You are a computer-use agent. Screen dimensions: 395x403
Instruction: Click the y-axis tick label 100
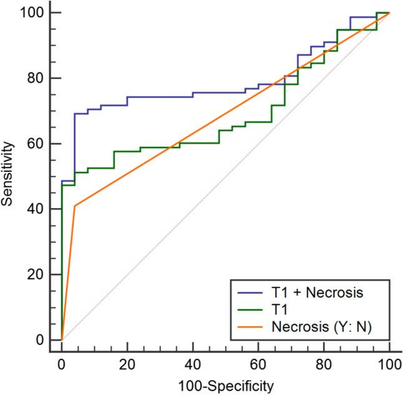[x=33, y=12]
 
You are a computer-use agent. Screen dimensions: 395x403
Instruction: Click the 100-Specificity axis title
[x=226, y=386]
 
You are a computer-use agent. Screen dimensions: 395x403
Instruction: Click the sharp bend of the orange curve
[x=74, y=206]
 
